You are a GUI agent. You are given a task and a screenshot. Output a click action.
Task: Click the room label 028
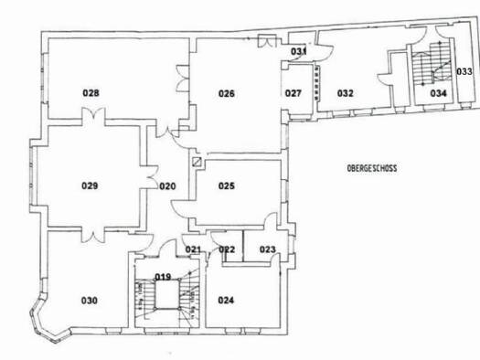(x=91, y=92)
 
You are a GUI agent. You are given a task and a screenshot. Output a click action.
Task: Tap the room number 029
(x=90, y=185)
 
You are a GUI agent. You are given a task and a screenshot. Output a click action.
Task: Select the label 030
(x=90, y=301)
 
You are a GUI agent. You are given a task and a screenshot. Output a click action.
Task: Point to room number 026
(x=227, y=93)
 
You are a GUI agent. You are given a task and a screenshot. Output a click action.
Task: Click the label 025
(x=227, y=185)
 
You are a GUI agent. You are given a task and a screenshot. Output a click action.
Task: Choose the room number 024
(x=226, y=301)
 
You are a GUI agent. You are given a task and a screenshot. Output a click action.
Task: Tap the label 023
(x=268, y=249)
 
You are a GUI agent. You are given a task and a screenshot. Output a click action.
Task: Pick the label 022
(x=227, y=249)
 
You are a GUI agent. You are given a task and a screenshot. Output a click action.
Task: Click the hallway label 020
(x=167, y=186)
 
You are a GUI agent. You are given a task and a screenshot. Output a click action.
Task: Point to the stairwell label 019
(x=163, y=277)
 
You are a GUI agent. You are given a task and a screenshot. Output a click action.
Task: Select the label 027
(x=293, y=93)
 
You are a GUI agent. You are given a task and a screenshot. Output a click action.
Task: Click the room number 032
(x=346, y=93)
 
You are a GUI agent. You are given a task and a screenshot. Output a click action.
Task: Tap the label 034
(x=439, y=93)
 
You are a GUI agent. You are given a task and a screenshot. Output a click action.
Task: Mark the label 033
(x=464, y=71)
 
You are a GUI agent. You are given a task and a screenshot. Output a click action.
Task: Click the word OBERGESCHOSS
(x=372, y=168)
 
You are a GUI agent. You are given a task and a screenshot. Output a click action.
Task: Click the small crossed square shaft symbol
(x=197, y=162)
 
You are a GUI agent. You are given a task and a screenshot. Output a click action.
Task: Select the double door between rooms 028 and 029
(x=93, y=114)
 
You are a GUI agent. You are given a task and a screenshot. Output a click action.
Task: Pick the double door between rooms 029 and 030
(x=93, y=236)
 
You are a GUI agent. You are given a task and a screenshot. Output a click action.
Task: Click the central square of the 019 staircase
(x=166, y=294)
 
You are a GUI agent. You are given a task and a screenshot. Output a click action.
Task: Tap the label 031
(x=298, y=51)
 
